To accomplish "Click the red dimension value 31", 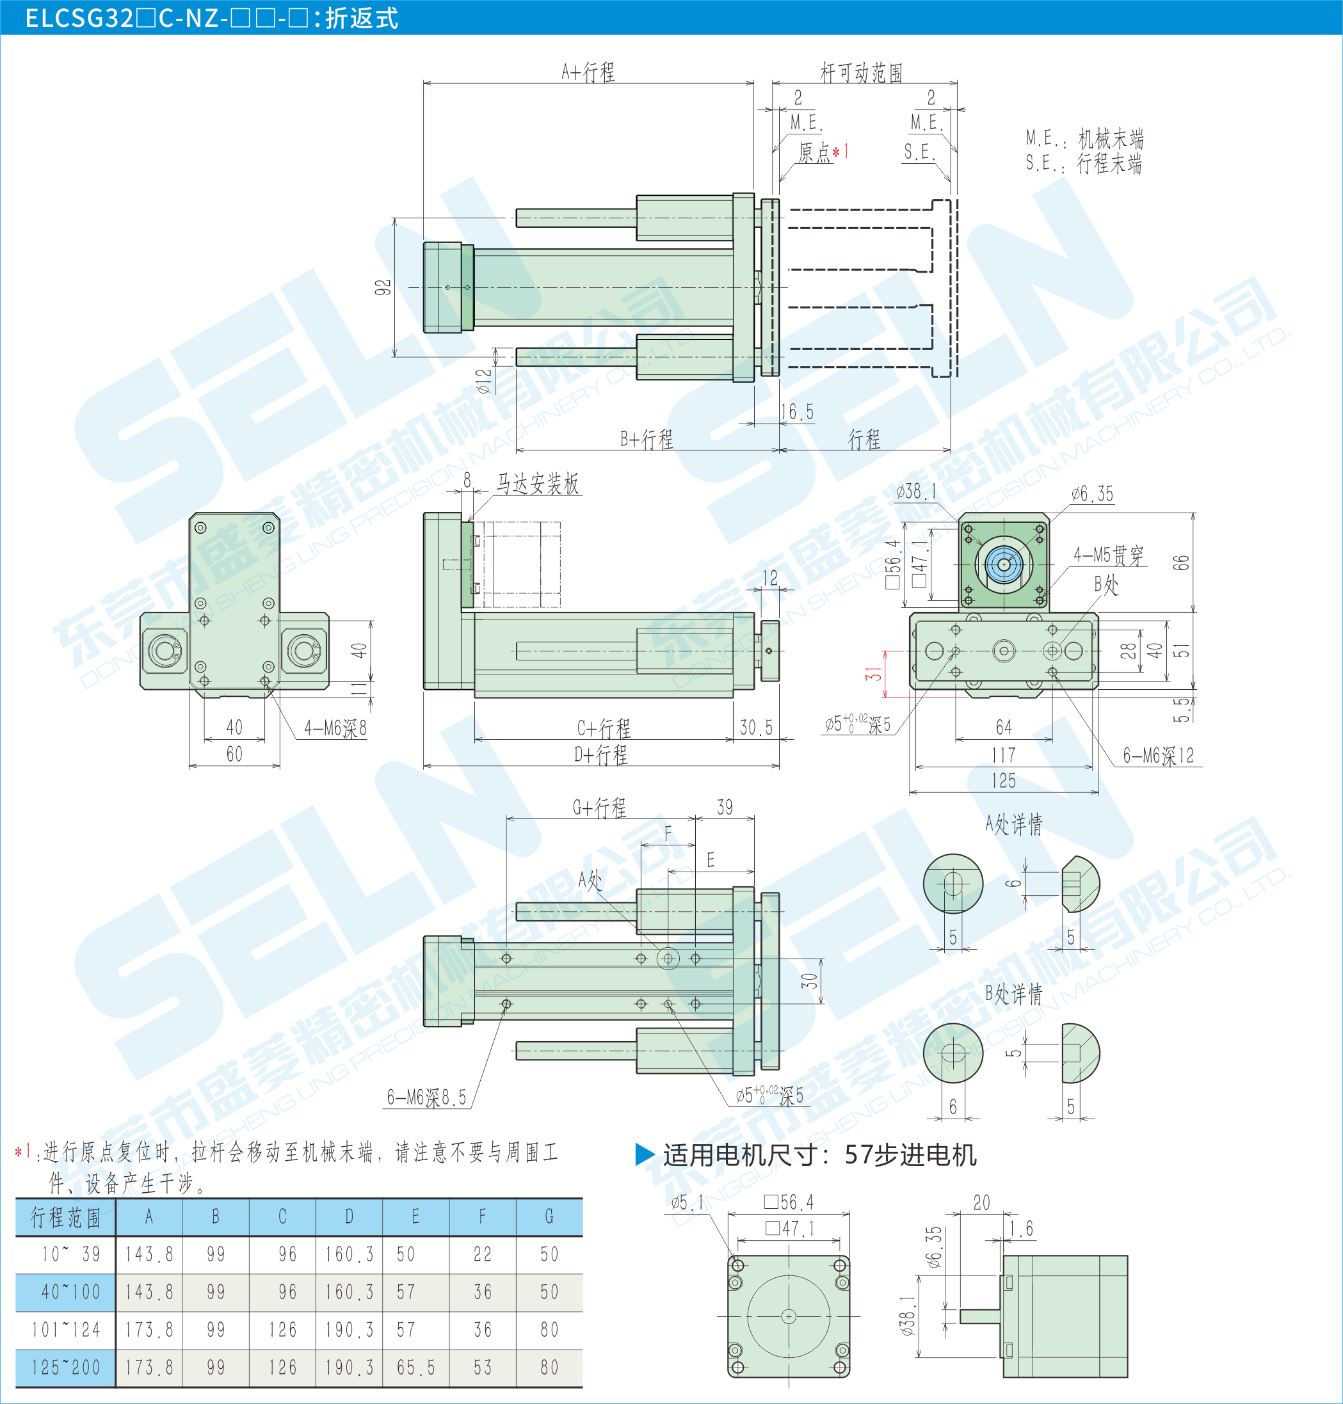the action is (x=873, y=673).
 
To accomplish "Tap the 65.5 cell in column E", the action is (x=416, y=1368).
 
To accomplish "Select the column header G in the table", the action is (x=549, y=1217).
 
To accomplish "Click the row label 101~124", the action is (x=66, y=1330).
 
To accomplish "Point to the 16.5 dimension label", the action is (x=797, y=411).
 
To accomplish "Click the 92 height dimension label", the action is (x=383, y=287).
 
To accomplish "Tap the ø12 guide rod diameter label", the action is (x=485, y=381).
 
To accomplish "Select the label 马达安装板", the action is (x=538, y=484).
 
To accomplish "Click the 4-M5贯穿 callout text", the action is (x=1108, y=555).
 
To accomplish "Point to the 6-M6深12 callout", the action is (x=1158, y=755).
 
